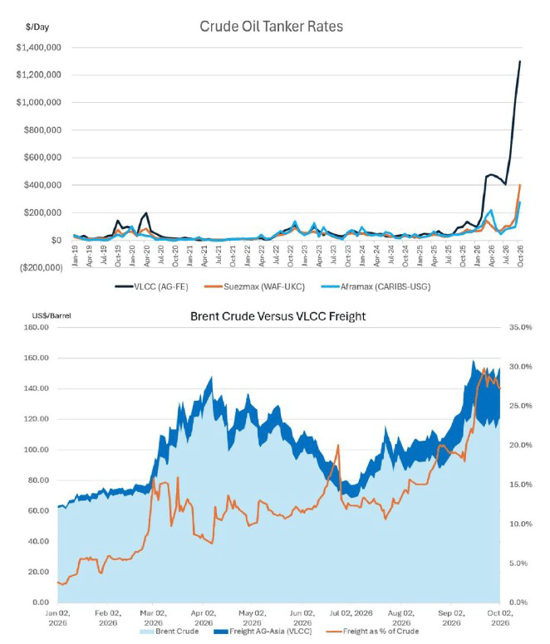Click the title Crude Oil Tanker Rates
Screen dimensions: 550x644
(x=272, y=27)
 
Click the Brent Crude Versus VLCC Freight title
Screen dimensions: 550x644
(x=277, y=316)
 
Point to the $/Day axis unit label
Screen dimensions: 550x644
(x=37, y=27)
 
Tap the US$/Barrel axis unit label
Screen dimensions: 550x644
(x=52, y=316)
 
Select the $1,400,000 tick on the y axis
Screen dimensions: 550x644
(x=39, y=47)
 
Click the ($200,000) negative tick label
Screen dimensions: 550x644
(x=42, y=268)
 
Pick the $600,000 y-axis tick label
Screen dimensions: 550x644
(x=42, y=158)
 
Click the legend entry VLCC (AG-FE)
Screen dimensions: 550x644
(x=152, y=286)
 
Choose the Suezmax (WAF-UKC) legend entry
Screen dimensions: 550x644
(x=255, y=286)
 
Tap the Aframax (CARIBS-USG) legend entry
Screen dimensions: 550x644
(x=376, y=286)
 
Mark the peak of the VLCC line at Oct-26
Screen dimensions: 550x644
(x=520, y=61)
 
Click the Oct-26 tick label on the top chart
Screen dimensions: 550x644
(x=520, y=256)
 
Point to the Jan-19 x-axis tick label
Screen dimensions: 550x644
(x=75, y=256)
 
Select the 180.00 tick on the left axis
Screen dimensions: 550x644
(x=38, y=327)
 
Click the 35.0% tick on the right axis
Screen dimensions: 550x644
(x=520, y=327)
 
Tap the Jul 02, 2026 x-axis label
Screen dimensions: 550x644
(x=351, y=613)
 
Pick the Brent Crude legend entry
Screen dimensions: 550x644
(x=169, y=632)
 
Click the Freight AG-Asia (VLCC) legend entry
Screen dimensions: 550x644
(x=263, y=632)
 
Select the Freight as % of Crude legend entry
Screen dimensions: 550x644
(x=373, y=632)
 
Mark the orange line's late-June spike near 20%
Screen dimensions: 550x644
(x=338, y=445)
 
